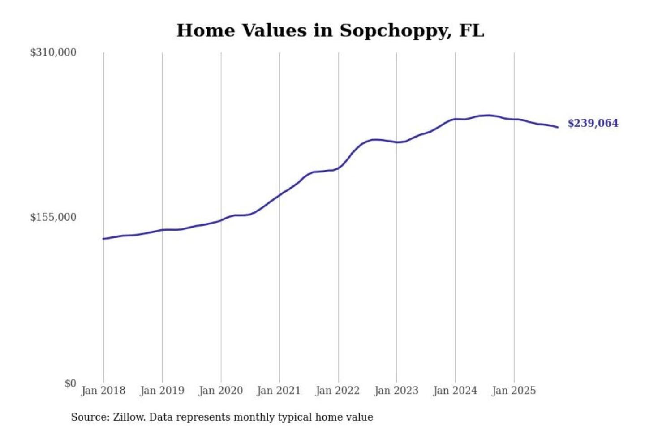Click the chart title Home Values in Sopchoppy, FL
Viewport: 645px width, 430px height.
pos(330,30)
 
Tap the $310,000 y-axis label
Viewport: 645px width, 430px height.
pos(53,52)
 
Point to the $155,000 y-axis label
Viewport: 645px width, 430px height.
pos(53,217)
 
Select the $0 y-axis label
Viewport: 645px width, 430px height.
pos(70,383)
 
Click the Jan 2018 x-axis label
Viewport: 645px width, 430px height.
pos(103,391)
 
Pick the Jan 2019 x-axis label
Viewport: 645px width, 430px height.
pos(162,391)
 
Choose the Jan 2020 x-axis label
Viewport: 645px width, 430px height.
pos(221,391)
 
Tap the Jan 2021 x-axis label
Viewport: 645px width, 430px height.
pos(279,391)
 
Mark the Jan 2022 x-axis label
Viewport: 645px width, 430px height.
pos(338,391)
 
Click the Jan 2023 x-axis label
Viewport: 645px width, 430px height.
pos(396,391)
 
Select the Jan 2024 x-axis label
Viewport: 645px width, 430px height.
pos(455,391)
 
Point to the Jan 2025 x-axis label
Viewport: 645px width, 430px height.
pos(514,391)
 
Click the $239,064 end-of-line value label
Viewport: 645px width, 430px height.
pos(593,123)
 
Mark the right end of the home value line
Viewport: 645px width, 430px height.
pos(558,127)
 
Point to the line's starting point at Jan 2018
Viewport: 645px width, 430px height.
pos(103,239)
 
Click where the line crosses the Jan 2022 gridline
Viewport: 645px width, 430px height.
pos(339,168)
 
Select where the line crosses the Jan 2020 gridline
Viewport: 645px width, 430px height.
pos(221,220)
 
